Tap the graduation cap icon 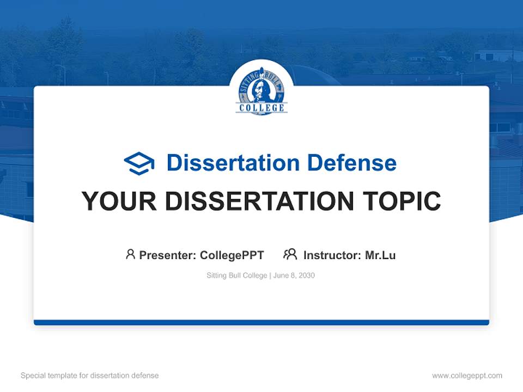139,163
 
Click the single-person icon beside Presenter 130,254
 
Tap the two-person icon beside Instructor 290,254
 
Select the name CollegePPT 232,255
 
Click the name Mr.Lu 380,255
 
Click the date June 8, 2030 294,275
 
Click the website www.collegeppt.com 467,376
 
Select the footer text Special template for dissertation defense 90,376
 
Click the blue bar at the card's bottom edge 261,322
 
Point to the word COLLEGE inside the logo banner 261,108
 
